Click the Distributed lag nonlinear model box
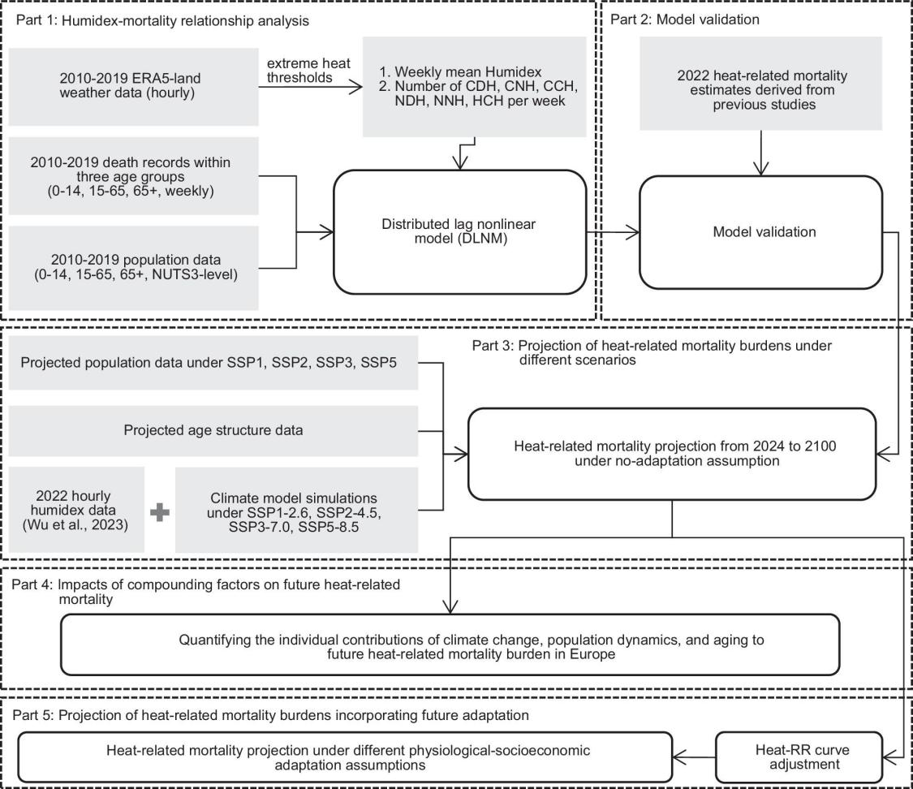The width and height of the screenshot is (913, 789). point(459,232)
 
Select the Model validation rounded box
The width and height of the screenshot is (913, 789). point(761,232)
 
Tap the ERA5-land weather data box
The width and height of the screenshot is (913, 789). point(133,86)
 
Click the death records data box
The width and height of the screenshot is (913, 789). point(133,176)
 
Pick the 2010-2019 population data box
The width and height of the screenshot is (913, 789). point(133,267)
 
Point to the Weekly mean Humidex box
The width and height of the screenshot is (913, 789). point(474,86)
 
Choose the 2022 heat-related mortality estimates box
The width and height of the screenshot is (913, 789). point(761,84)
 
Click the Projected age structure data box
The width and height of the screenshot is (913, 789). point(213,430)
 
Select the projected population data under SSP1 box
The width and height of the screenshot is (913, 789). point(213,363)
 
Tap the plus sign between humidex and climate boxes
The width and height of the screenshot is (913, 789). point(160,512)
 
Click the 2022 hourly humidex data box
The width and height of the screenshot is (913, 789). point(75,510)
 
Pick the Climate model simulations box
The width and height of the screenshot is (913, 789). point(296,510)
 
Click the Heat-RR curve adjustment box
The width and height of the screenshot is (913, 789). point(799,757)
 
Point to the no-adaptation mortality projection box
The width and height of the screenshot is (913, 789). point(672,454)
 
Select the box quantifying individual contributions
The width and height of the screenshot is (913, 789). point(450,644)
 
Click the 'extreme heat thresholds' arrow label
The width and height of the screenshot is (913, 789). point(308,71)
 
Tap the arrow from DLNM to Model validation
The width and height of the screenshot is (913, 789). point(614,232)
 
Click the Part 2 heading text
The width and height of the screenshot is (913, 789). point(685,19)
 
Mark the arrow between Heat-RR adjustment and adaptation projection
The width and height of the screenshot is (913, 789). point(694,757)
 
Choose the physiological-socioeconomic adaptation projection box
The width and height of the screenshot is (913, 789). point(345,757)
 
